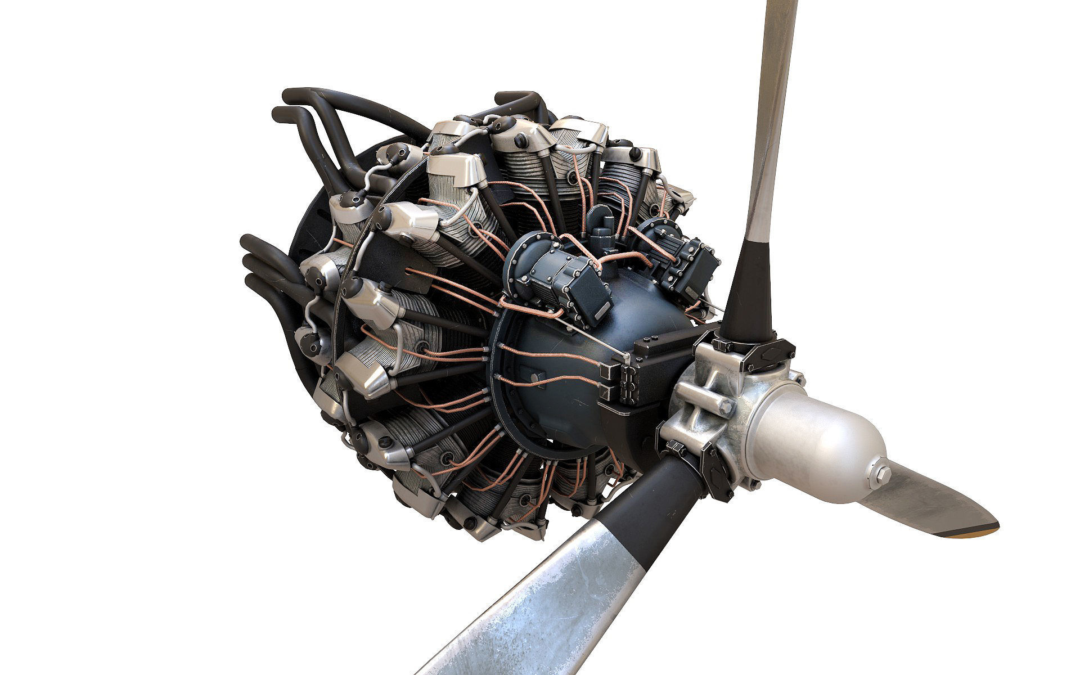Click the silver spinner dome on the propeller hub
(x=816, y=433)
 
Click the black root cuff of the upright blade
(x=751, y=292)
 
